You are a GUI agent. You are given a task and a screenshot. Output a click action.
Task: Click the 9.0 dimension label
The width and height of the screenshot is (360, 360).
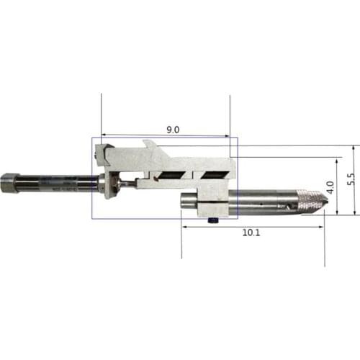click(x=173, y=130)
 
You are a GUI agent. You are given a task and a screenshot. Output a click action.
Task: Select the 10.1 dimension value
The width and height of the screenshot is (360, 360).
click(x=251, y=233)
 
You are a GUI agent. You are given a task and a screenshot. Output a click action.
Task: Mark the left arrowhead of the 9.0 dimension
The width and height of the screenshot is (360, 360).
click(x=104, y=134)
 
